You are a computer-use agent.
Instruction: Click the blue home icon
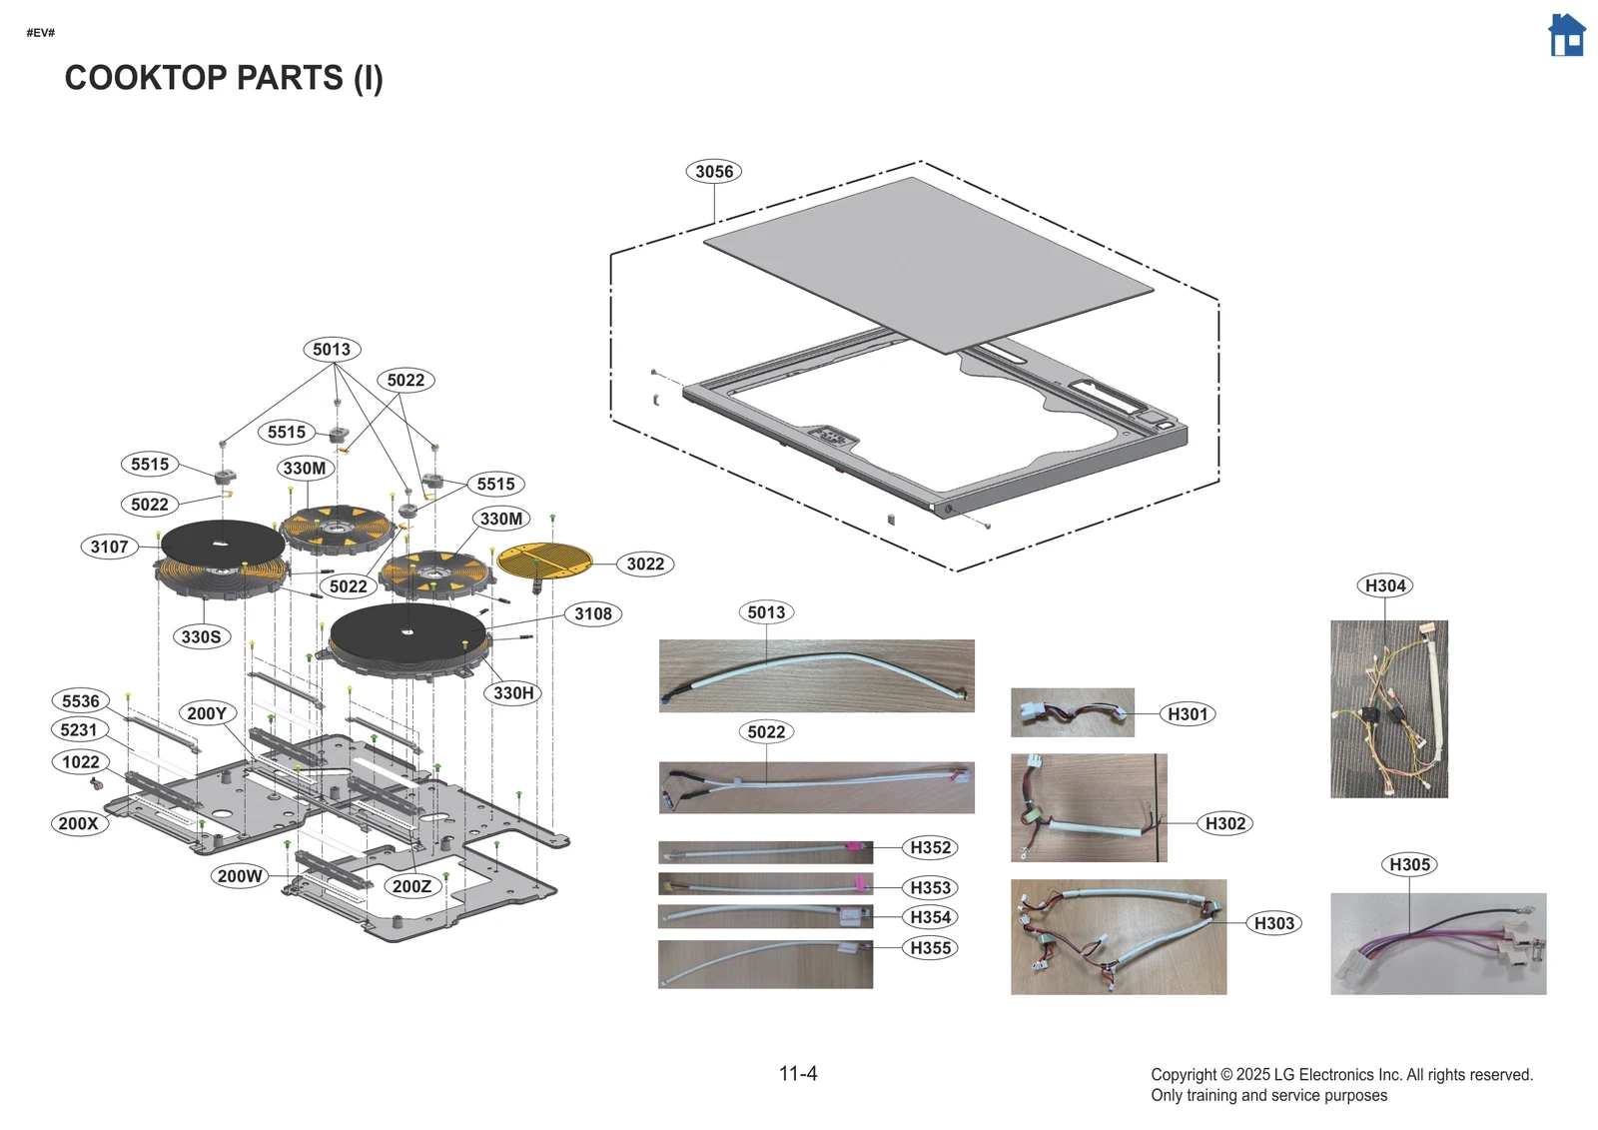(x=1566, y=36)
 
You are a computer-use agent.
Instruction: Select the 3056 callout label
(x=714, y=172)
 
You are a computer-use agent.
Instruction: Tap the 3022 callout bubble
(x=645, y=565)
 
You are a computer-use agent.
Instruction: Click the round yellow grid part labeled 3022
(x=544, y=561)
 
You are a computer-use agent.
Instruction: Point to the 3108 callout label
(x=592, y=614)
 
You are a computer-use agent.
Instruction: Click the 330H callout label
(x=513, y=693)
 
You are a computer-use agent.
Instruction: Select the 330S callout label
(x=201, y=637)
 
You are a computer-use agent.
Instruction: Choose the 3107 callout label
(x=109, y=548)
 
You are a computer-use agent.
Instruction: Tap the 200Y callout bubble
(x=207, y=714)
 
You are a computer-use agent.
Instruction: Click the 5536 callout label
(x=80, y=701)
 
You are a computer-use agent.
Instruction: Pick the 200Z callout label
(x=411, y=887)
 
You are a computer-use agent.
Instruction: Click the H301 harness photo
(x=1072, y=712)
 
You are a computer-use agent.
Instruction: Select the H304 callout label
(x=1384, y=586)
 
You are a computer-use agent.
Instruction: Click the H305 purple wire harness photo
(x=1437, y=944)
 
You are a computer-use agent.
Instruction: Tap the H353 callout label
(x=930, y=888)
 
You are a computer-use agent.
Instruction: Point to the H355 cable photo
(x=765, y=964)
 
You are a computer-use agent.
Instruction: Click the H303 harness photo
(x=1118, y=937)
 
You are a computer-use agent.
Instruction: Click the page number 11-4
(x=798, y=1074)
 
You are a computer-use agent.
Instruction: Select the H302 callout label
(x=1224, y=824)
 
